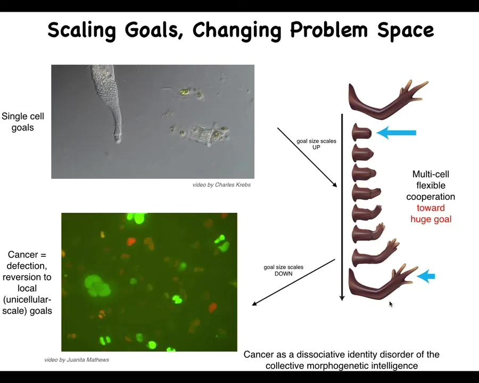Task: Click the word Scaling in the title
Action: coord(81,30)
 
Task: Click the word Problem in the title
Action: coord(328,30)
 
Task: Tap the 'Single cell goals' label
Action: coord(22,122)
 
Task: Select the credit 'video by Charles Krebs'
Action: coord(221,185)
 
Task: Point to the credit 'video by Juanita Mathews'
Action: coord(77,360)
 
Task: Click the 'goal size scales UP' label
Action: coord(316,144)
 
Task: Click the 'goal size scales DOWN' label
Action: coord(284,270)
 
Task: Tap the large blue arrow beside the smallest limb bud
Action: coord(396,132)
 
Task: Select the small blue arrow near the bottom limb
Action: coord(426,277)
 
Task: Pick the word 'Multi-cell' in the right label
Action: coord(431,174)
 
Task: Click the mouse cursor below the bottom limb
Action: coord(391,304)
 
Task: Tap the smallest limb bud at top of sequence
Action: coord(361,132)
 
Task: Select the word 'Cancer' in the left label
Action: coord(23,254)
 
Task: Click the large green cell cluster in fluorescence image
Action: coord(97,286)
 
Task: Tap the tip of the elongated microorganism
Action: coord(118,141)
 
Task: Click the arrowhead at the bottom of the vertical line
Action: coord(342,298)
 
